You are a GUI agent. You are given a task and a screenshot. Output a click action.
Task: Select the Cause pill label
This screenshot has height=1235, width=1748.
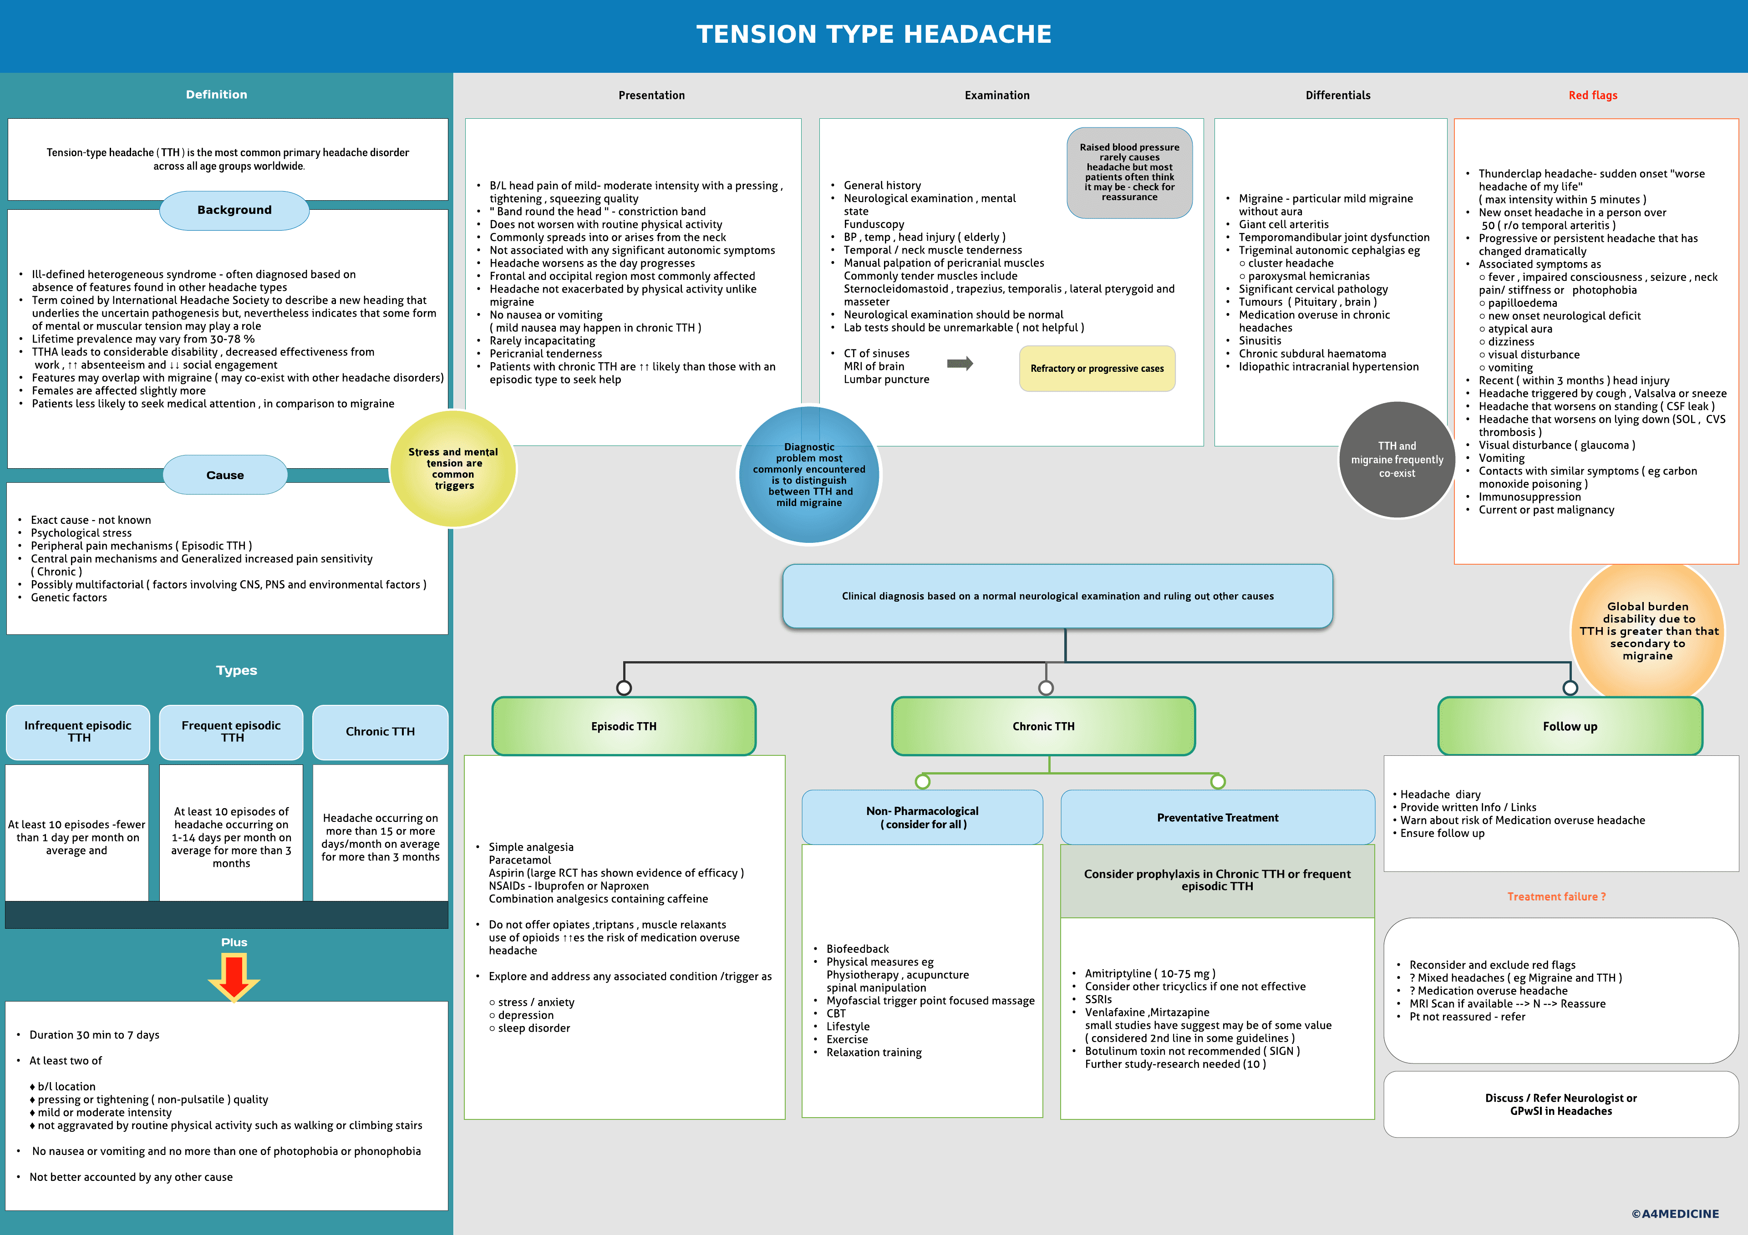point(225,475)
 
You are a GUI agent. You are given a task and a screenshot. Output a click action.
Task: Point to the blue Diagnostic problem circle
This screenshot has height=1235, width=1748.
point(809,475)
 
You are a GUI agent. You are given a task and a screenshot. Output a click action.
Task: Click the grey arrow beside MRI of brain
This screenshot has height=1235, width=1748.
point(960,364)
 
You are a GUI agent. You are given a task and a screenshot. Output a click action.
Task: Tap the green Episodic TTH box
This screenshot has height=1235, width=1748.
point(624,726)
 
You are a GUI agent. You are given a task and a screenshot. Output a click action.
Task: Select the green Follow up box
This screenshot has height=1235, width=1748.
point(1570,726)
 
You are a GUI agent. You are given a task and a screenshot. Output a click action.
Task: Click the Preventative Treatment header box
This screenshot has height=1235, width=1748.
point(1217,817)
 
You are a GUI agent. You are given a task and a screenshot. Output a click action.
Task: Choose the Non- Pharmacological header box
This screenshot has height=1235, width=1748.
point(922,817)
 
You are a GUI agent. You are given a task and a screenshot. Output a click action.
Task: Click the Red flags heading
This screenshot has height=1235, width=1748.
point(1593,95)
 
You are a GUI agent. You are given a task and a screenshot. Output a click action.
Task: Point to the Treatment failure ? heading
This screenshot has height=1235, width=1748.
point(1556,896)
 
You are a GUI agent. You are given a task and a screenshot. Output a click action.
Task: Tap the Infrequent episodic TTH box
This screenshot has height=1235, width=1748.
point(78,731)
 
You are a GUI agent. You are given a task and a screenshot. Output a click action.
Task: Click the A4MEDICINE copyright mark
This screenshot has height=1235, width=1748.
point(1675,1214)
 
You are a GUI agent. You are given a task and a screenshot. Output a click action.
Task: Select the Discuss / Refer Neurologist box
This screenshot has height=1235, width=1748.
point(1561,1104)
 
